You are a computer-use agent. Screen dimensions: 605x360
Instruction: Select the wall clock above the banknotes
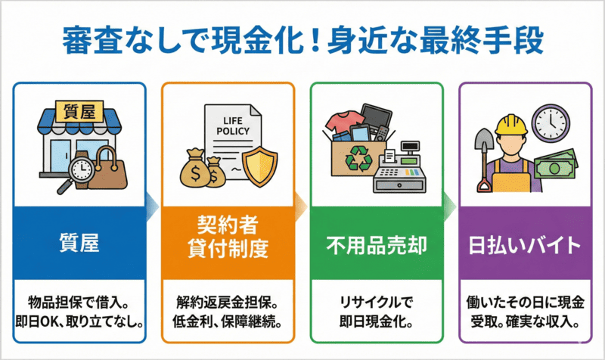click(x=550, y=120)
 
